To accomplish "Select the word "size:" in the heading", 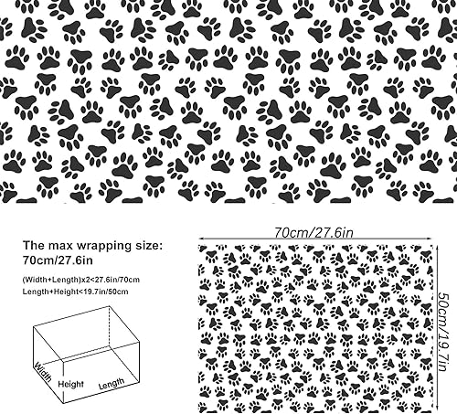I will click(146, 246).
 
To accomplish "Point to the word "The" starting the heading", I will click(34, 246).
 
